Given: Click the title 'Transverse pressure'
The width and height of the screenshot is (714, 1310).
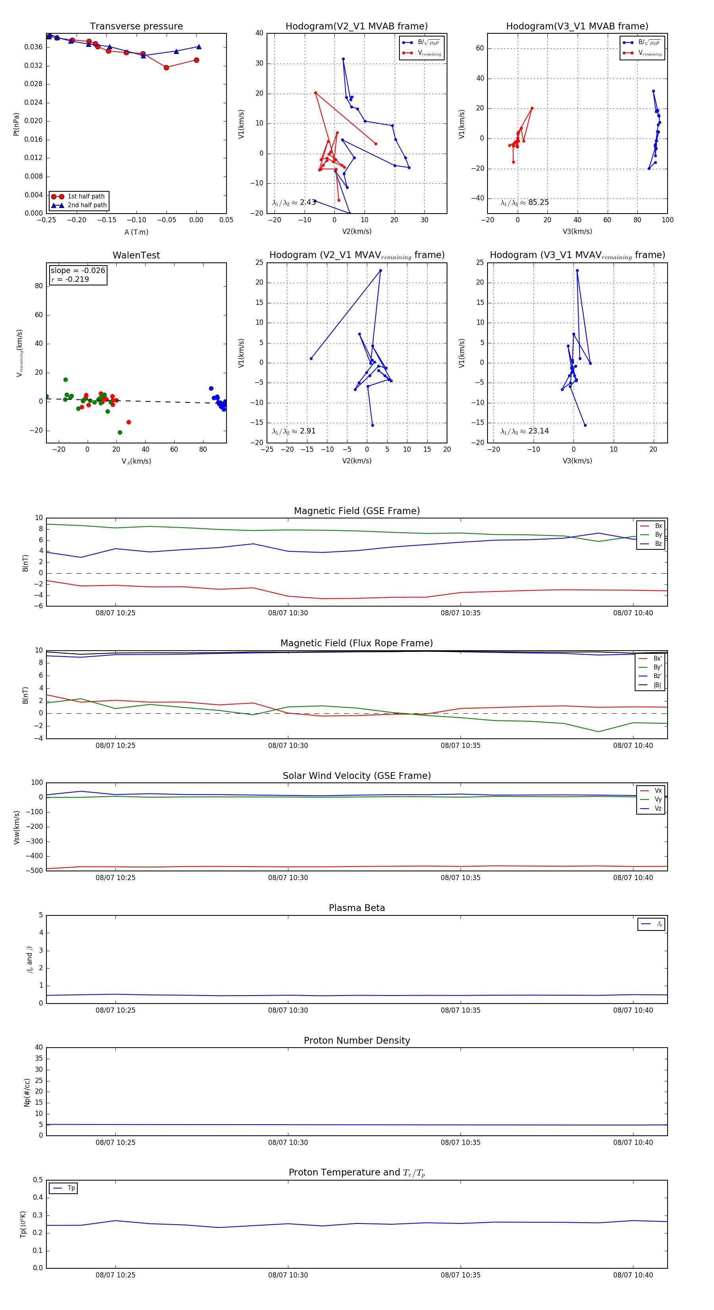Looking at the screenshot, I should coord(136,27).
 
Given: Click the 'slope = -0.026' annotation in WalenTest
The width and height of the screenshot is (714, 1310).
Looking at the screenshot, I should coord(78,271).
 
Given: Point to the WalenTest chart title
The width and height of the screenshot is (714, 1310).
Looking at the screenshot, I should coord(136,255).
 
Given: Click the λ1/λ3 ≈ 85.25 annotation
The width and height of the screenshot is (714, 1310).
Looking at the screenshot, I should coord(524,202).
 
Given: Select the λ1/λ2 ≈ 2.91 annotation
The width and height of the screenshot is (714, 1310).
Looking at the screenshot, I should coord(294,431).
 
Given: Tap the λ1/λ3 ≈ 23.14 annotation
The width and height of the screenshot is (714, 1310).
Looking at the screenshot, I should coord(524,431).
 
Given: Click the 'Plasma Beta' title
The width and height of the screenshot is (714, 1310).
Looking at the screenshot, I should coord(357,908).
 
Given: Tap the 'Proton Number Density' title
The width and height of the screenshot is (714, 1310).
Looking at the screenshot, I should coord(357,1040).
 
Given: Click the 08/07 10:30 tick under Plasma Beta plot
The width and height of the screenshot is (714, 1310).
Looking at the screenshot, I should coord(288,1010).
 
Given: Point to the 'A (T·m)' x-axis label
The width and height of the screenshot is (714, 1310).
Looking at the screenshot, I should coord(136,232).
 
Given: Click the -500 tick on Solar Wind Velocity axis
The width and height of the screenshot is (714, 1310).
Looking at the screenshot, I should coord(34,871).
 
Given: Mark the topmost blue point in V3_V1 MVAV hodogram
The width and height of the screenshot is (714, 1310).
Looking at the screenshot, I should coord(577,271).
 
